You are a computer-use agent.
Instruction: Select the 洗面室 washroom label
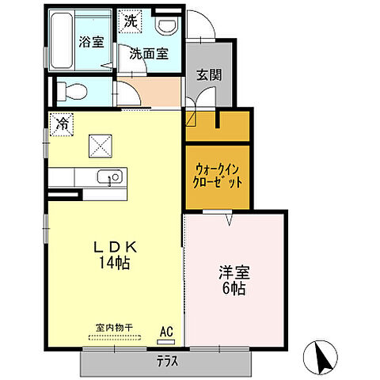(149, 53)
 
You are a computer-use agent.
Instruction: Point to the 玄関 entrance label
(209, 75)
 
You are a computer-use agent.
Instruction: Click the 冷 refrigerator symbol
(60, 124)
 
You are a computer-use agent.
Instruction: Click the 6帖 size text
(233, 289)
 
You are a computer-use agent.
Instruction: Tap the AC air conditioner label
(167, 332)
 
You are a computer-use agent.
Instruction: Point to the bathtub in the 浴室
(63, 41)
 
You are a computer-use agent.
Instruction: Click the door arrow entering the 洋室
(229, 220)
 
